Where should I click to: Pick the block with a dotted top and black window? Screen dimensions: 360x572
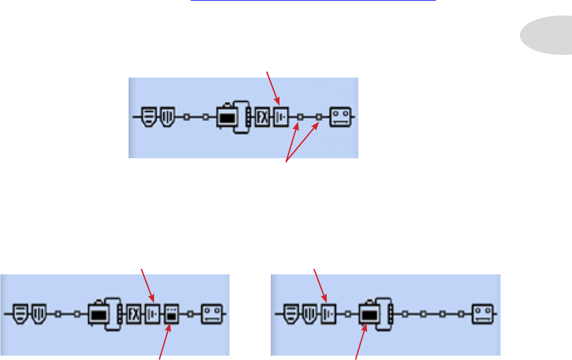click(x=170, y=315)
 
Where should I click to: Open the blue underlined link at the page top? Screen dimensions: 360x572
click(x=313, y=2)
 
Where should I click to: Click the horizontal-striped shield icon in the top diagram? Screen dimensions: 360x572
click(x=148, y=116)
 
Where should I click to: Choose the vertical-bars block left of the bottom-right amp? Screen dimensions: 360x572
click(x=328, y=314)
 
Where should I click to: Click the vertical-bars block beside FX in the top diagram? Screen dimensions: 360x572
click(x=280, y=117)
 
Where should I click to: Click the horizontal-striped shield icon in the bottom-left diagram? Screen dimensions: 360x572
click(x=20, y=314)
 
